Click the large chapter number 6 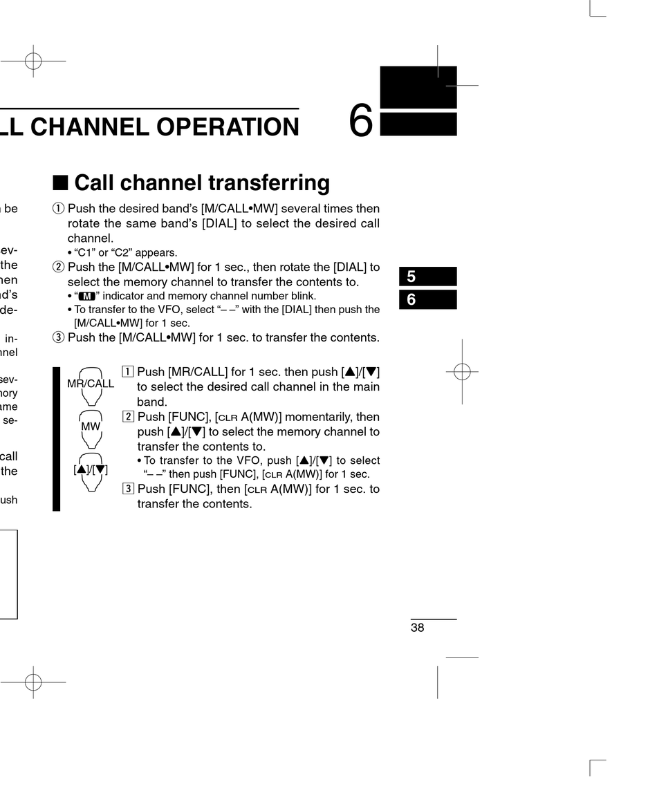tap(361, 120)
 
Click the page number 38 tap(417, 628)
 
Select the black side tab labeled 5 tap(427, 277)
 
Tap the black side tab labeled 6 tap(427, 300)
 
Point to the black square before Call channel tap(60, 183)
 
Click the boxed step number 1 tap(128, 373)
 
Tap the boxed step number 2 tap(128, 417)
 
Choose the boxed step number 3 tap(128, 489)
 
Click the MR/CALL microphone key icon tap(91, 384)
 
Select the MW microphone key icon tap(91, 427)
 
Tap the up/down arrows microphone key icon tap(91, 470)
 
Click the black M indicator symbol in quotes tap(86, 297)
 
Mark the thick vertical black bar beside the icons tap(57, 439)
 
